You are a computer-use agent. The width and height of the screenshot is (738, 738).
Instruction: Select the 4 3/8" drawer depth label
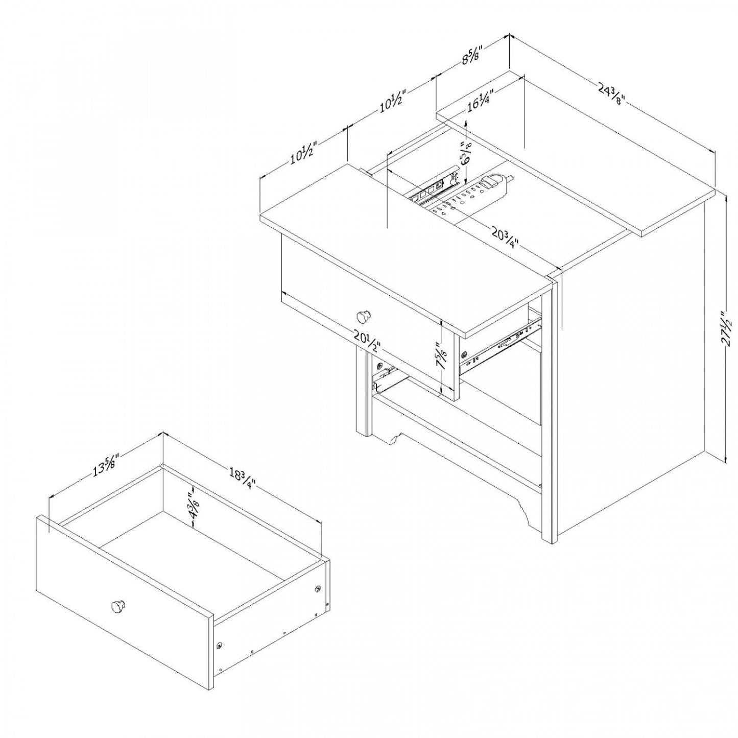click(193, 505)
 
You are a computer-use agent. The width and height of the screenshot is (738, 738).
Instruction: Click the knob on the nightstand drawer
click(364, 316)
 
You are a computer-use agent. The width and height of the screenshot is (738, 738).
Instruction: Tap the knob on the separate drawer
click(118, 607)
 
